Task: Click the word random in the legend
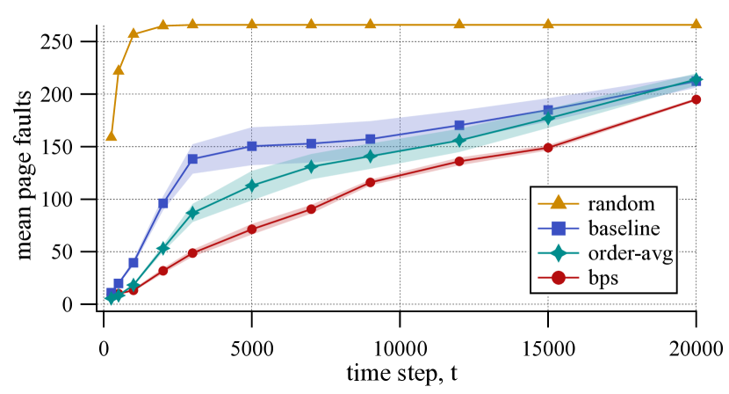(x=621, y=204)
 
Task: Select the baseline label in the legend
(x=624, y=229)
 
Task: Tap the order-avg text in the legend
(x=630, y=254)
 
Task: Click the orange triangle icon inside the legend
(x=558, y=204)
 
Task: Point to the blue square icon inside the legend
(x=558, y=229)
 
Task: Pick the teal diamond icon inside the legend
(x=558, y=254)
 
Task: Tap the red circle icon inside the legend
(x=558, y=279)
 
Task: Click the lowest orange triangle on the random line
(x=112, y=135)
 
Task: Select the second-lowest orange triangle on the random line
(x=119, y=69)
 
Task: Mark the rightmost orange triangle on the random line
(x=697, y=24)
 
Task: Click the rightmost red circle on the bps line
(x=697, y=99)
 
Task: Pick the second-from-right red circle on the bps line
(x=548, y=148)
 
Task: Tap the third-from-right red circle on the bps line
(x=459, y=161)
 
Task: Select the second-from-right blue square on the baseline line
(x=548, y=110)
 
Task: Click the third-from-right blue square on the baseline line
(x=459, y=125)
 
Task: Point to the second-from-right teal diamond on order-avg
(x=548, y=119)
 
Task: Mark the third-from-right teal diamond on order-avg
(x=459, y=140)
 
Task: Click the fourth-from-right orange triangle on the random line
(x=371, y=24)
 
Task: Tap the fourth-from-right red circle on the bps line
(x=371, y=182)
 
